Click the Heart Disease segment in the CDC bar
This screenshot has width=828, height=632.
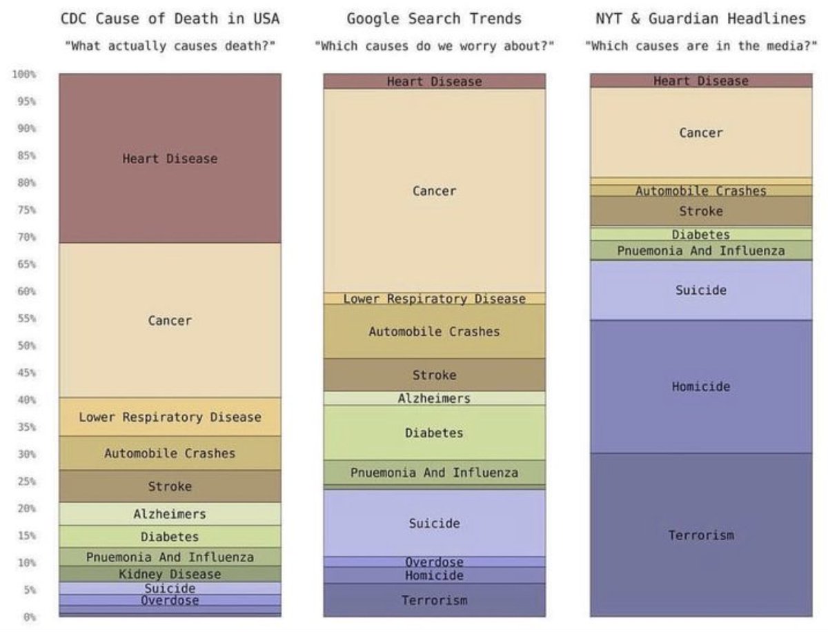point(170,159)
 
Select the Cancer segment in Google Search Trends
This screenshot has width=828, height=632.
point(434,190)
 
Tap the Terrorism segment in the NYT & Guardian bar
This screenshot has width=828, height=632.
point(700,535)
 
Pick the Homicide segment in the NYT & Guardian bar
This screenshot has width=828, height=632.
point(700,386)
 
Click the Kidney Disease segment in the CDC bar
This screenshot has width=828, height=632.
point(170,574)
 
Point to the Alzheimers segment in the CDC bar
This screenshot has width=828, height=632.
point(170,514)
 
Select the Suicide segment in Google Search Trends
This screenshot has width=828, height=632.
point(434,523)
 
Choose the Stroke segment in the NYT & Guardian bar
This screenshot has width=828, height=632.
point(700,211)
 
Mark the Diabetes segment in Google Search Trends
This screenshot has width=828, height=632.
point(434,433)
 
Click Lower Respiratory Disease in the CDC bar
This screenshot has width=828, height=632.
point(170,417)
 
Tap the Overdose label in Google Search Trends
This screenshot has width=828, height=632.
point(434,562)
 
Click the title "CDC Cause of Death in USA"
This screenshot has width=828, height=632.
point(170,19)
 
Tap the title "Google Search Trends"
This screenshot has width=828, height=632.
point(434,19)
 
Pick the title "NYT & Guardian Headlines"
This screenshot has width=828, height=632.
point(700,19)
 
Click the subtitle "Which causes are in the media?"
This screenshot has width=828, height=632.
point(700,46)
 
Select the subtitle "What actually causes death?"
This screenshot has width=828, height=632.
point(170,46)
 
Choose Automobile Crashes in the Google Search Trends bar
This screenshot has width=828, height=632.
point(434,331)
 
